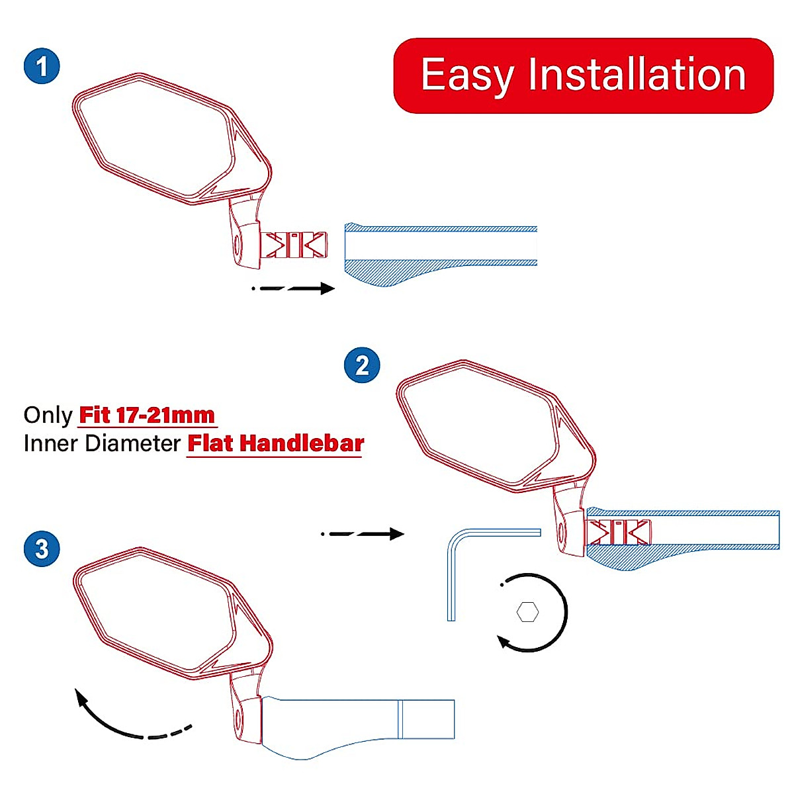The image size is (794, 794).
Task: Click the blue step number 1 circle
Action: [x=42, y=67]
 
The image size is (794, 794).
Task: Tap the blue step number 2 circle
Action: [x=362, y=365]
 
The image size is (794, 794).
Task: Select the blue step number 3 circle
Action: [x=42, y=549]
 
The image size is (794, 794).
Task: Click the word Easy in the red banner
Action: [x=467, y=76]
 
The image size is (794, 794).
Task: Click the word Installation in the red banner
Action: [x=637, y=75]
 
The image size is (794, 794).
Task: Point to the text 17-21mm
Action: [x=165, y=416]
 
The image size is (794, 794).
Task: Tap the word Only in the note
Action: [x=48, y=416]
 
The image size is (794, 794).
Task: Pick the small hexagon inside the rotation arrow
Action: [x=527, y=612]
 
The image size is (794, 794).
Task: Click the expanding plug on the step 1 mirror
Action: [x=296, y=245]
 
